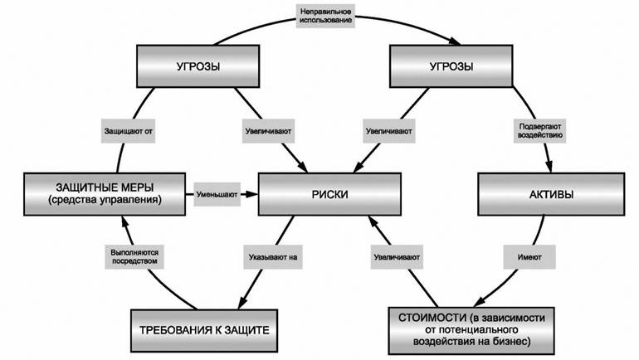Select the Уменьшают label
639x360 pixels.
[x=217, y=195]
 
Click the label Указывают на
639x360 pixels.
[x=267, y=257]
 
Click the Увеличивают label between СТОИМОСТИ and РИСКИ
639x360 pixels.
[x=395, y=258]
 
